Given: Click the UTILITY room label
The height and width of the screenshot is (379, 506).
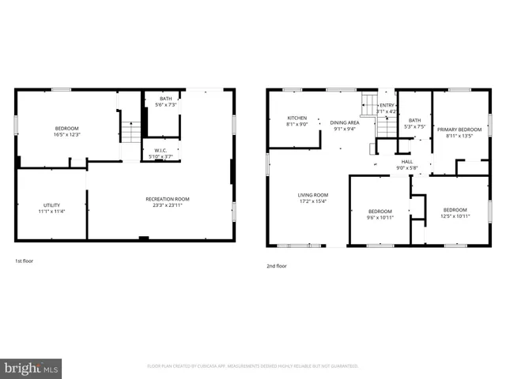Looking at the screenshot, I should pyautogui.click(x=51, y=205).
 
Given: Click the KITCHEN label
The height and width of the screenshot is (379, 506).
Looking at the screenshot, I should pyautogui.click(x=296, y=118).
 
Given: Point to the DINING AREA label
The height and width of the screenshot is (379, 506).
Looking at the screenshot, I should pyautogui.click(x=344, y=122).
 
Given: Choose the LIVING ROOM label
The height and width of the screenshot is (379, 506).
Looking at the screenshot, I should pyautogui.click(x=312, y=195).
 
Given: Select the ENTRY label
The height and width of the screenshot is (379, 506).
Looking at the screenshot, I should pyautogui.click(x=387, y=105).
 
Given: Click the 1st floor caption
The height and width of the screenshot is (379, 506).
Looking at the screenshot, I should pyautogui.click(x=24, y=261).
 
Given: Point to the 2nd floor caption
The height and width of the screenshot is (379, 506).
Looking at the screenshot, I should pyautogui.click(x=276, y=266).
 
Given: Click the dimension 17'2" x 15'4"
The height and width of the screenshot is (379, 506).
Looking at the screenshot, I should pyautogui.click(x=312, y=201).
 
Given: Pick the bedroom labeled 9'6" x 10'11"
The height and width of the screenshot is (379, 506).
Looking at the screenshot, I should pyautogui.click(x=380, y=213).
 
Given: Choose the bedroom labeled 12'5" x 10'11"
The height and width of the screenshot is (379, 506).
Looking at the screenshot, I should pyautogui.click(x=454, y=213).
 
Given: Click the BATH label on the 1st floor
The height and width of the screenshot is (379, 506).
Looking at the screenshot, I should pyautogui.click(x=165, y=99).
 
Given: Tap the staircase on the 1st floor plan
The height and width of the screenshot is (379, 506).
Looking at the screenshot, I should pyautogui.click(x=131, y=134).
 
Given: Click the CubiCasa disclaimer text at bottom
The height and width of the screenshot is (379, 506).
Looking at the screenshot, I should pyautogui.click(x=253, y=366).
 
